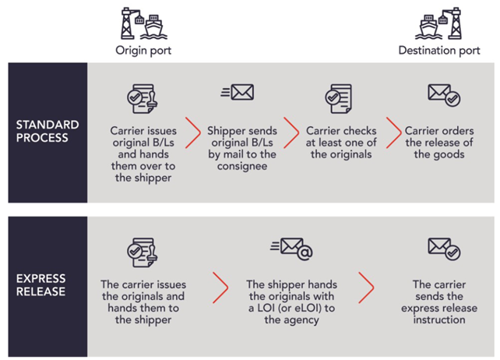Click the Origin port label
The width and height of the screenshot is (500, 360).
click(143, 51)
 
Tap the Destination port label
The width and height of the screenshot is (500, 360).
click(438, 51)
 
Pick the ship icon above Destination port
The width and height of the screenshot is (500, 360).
click(438, 23)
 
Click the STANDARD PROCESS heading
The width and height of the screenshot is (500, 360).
click(47, 132)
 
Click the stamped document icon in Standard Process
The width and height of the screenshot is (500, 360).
click(143, 98)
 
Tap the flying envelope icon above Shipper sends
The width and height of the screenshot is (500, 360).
click(238, 94)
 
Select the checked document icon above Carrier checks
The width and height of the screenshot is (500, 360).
click(337, 98)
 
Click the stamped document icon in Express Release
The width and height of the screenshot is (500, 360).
click(143, 252)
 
